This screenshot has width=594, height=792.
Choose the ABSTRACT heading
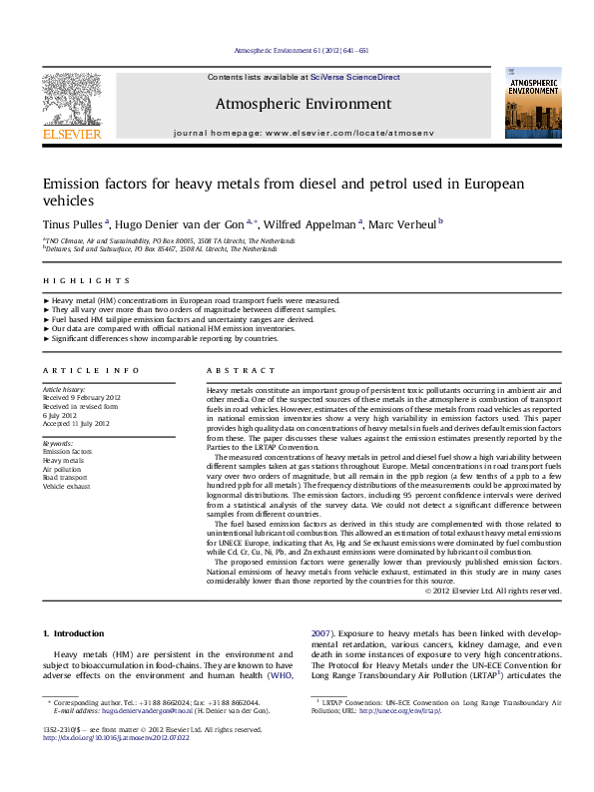tap(234, 370)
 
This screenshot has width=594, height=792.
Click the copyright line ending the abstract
tap(492, 592)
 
